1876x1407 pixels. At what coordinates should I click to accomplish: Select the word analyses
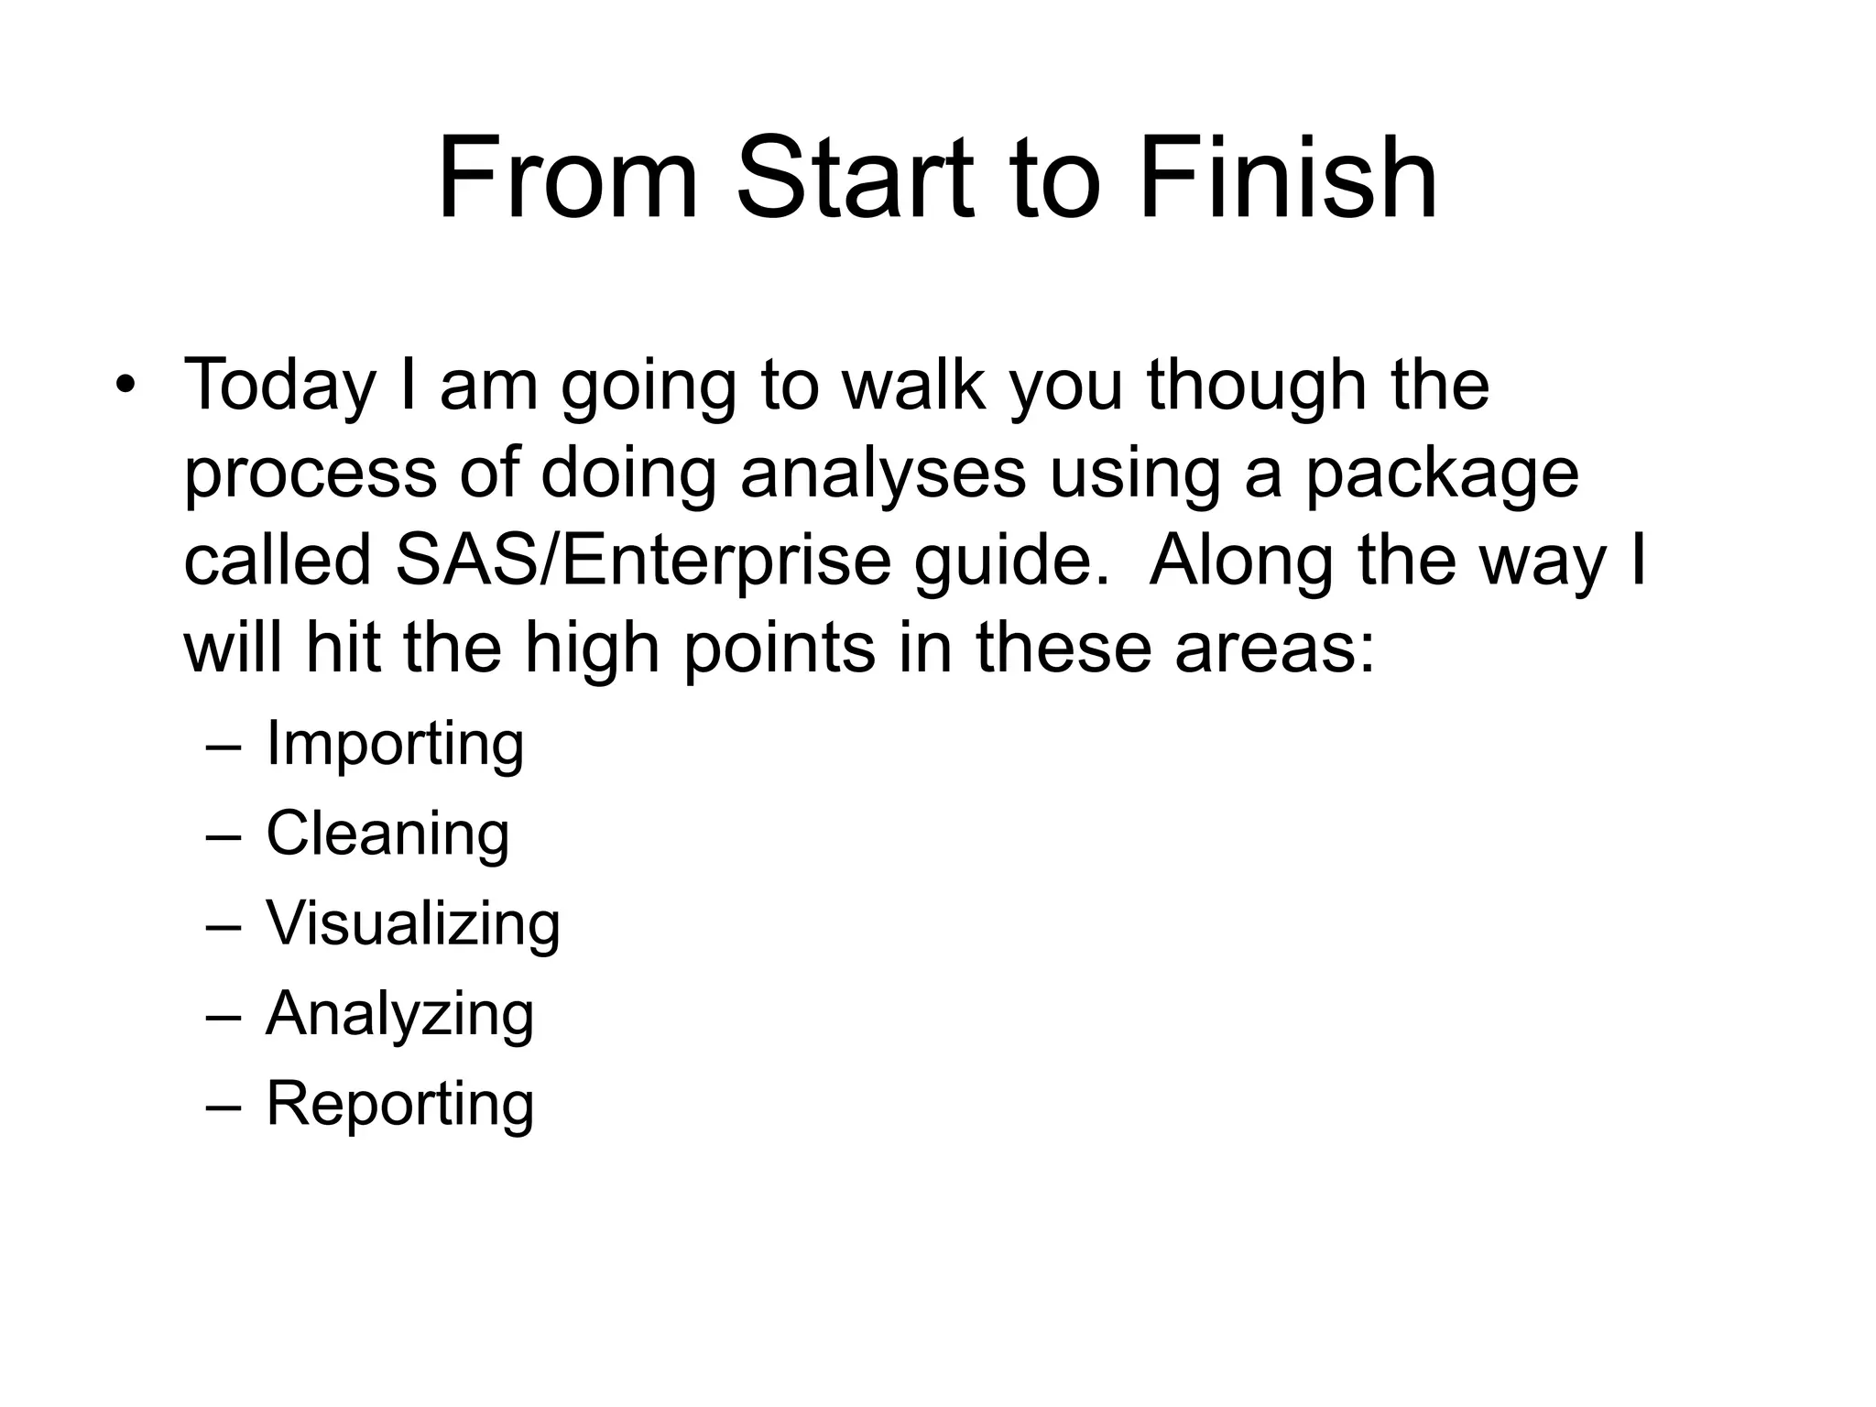882,474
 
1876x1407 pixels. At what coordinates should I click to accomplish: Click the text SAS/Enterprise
643,562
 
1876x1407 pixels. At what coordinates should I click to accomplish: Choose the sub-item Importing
395,744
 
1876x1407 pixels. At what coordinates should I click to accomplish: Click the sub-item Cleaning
387,834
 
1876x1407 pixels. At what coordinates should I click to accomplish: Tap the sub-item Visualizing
412,923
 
